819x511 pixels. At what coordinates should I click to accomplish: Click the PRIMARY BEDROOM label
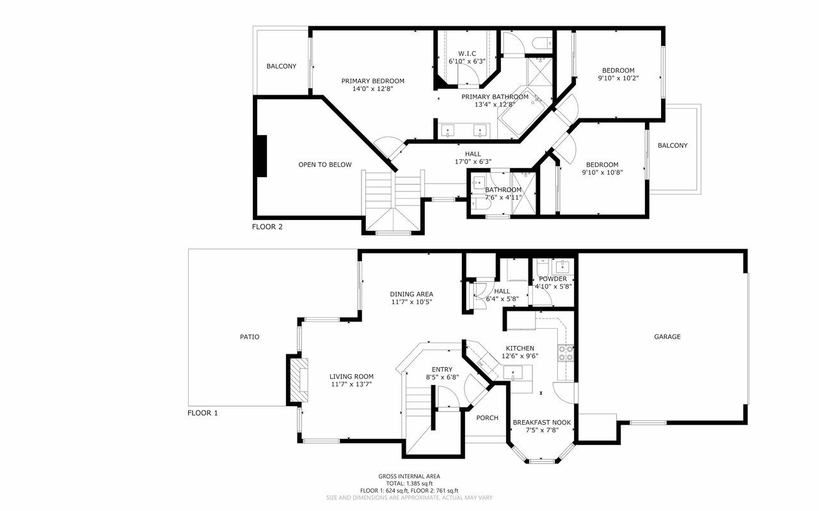(372, 81)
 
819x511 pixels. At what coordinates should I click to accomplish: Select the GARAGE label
(667, 336)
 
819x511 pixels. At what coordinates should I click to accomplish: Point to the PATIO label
(250, 336)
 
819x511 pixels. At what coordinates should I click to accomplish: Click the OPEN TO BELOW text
(324, 164)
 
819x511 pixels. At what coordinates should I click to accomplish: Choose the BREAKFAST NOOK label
(541, 422)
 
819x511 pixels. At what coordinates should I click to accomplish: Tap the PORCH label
(487, 418)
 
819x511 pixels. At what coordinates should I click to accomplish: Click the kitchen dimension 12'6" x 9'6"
(519, 356)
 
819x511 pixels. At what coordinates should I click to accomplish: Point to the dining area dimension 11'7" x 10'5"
(411, 302)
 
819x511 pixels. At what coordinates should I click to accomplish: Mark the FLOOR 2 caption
(267, 226)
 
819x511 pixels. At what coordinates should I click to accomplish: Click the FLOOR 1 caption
(202, 413)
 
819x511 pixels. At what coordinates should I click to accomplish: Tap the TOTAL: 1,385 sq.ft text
(409, 483)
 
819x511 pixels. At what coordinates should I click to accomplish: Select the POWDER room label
(552, 279)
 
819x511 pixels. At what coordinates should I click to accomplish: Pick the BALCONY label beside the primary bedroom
(281, 66)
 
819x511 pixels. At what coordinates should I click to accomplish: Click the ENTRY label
(441, 369)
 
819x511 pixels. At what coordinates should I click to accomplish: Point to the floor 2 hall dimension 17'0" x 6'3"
(473, 162)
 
